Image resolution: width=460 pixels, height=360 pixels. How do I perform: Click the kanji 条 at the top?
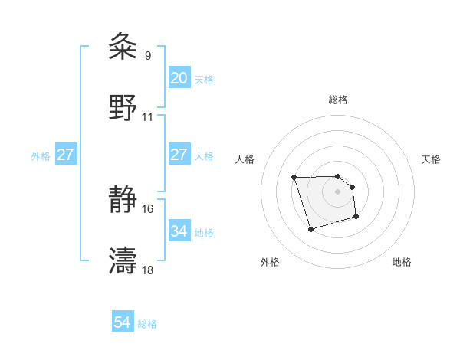pyautogui.click(x=123, y=47)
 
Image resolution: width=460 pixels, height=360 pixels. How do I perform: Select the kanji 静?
pyautogui.click(x=123, y=200)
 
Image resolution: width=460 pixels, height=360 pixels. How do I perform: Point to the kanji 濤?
pyautogui.click(x=123, y=260)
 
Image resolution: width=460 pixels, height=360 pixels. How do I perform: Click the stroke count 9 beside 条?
pyautogui.click(x=148, y=55)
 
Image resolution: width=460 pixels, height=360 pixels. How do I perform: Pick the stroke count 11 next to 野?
pyautogui.click(x=148, y=116)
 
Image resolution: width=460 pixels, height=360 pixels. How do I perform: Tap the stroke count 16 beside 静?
pyautogui.click(x=148, y=208)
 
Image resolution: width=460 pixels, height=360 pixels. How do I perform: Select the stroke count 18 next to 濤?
pyautogui.click(x=148, y=270)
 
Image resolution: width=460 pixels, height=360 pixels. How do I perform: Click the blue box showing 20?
pyautogui.click(x=179, y=78)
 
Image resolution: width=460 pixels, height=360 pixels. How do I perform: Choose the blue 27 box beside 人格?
pyautogui.click(x=179, y=155)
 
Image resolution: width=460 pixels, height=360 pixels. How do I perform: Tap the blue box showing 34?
pyautogui.click(x=179, y=231)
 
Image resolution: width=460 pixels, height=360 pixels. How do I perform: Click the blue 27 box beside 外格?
pyautogui.click(x=66, y=155)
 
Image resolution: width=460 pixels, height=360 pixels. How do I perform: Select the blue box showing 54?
pyautogui.click(x=123, y=323)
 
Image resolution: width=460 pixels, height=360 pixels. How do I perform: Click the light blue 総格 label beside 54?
pyautogui.click(x=148, y=324)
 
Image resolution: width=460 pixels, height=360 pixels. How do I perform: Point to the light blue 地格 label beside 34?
pyautogui.click(x=204, y=232)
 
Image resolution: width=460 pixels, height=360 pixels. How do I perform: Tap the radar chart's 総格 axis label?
pyautogui.click(x=337, y=100)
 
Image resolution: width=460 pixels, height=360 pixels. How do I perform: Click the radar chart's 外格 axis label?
pyautogui.click(x=270, y=263)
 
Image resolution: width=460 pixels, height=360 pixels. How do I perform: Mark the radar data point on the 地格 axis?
pyautogui.click(x=357, y=218)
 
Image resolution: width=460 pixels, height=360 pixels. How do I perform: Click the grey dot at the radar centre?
pyautogui.click(x=337, y=191)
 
